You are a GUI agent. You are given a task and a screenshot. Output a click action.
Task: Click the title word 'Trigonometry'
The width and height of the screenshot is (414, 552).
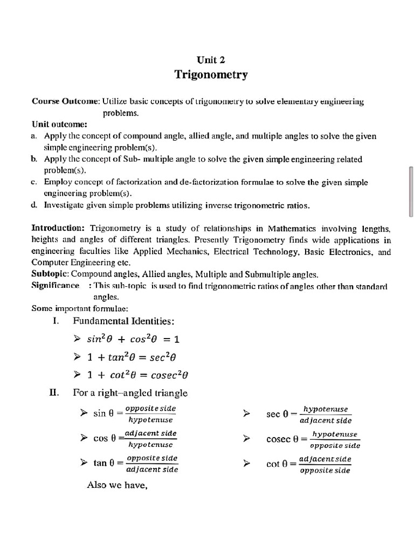point(211,74)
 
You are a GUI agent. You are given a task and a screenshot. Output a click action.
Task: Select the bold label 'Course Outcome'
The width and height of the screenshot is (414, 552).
point(65,101)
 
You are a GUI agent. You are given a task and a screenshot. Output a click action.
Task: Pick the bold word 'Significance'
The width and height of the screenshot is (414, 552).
point(56,285)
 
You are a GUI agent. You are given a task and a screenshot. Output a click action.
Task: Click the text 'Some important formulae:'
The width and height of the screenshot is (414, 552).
point(80,308)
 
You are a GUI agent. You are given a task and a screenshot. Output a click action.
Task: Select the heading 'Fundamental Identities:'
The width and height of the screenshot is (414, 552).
point(123,321)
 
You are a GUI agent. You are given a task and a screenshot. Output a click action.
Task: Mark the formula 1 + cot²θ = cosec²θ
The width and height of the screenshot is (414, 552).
point(141,375)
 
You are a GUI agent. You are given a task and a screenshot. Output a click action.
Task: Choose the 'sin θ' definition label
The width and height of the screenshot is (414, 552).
point(104,413)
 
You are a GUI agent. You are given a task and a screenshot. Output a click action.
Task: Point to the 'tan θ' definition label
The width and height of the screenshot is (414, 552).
point(105,463)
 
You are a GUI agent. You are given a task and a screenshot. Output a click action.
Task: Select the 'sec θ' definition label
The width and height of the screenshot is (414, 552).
point(277,414)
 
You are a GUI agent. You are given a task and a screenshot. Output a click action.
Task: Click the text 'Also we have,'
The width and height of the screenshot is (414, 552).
point(117,485)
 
